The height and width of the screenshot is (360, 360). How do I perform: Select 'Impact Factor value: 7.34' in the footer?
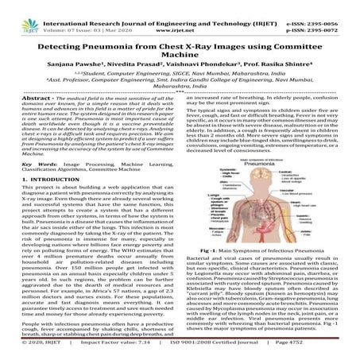[x=120, y=354]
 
